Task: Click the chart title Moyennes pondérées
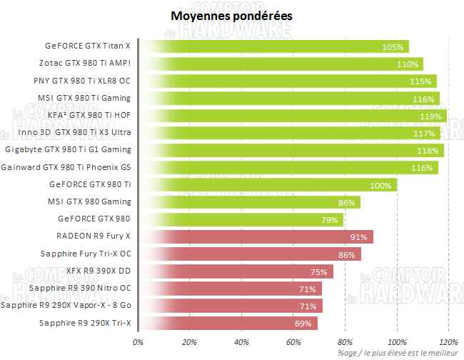tap(231, 15)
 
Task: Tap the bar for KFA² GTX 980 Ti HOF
tap(293, 115)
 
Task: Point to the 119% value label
tap(431, 116)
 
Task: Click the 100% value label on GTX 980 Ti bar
tap(381, 186)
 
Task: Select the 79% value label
tap(330, 220)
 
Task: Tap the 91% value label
tap(358, 237)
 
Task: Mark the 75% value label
tap(318, 272)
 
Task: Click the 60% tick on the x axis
tap(294, 342)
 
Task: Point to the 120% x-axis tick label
tap(449, 342)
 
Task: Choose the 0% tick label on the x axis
tap(138, 342)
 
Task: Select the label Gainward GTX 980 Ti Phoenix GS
tap(66, 167)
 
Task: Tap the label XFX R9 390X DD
tap(98, 271)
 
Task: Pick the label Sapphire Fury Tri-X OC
tap(87, 254)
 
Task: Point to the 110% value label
tap(408, 64)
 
